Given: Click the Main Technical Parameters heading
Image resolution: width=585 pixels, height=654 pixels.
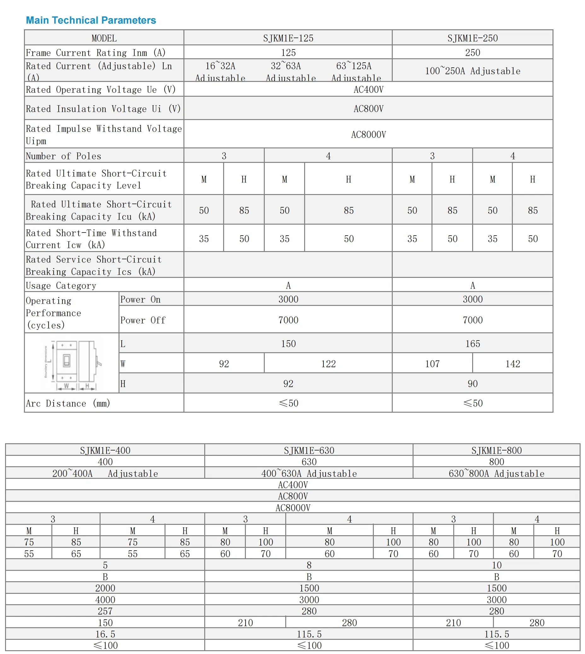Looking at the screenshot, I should [x=91, y=20].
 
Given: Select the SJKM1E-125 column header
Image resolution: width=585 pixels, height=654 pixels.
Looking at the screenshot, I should [x=288, y=38].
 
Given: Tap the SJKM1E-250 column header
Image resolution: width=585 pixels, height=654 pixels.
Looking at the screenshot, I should [x=472, y=38].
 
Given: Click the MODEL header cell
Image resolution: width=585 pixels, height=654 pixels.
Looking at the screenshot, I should [x=104, y=38].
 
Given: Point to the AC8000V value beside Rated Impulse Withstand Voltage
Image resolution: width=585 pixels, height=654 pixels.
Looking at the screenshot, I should [x=368, y=134].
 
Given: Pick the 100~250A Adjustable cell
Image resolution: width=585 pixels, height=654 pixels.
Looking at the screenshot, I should [x=472, y=71].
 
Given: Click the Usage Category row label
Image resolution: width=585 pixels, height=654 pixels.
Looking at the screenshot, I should [x=61, y=285].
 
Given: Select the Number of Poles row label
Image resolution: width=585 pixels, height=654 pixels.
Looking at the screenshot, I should [x=63, y=156].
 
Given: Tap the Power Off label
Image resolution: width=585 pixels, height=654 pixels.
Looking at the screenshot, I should [x=143, y=320].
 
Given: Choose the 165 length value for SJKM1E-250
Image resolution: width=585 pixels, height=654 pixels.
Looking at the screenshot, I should [x=472, y=343].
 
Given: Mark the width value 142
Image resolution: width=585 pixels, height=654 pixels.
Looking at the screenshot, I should [x=513, y=364].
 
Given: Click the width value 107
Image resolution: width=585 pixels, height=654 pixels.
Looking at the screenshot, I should [x=432, y=364].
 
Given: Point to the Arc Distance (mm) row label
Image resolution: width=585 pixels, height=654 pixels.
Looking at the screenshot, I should [x=68, y=403].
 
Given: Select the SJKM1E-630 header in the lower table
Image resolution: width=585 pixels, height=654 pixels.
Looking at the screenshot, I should [x=309, y=450].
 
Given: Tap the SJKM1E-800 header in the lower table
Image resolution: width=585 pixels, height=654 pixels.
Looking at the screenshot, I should [x=496, y=450].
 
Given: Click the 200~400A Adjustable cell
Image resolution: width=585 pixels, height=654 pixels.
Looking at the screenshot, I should [x=105, y=473].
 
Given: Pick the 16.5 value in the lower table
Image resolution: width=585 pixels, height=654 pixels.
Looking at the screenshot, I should [x=105, y=634].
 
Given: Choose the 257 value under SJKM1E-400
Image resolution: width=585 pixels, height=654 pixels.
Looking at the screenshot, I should [x=105, y=611].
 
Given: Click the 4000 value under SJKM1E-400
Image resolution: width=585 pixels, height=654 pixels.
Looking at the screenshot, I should [x=105, y=599].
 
